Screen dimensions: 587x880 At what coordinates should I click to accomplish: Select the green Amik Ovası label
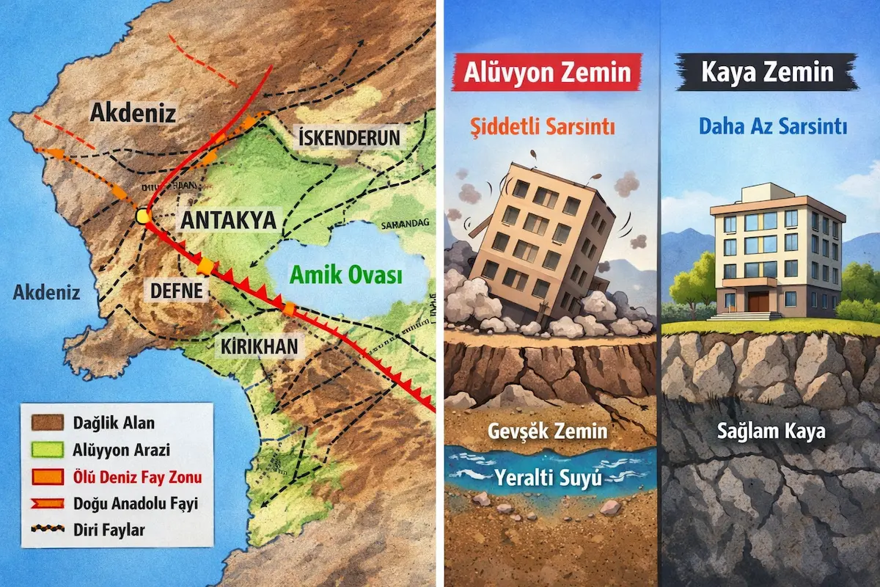[x=346, y=276]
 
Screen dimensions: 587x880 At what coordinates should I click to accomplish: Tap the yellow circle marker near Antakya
[x=143, y=216]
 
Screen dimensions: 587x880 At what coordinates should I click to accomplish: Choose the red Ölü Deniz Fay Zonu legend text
[x=137, y=477]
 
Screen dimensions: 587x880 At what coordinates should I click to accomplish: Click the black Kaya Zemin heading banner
[x=766, y=73]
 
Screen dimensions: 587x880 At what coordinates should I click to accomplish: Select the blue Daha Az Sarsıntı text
[x=772, y=127]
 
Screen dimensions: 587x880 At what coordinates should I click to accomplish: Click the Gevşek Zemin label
[x=548, y=431]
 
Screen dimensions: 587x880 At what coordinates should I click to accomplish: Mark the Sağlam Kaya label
[x=771, y=431]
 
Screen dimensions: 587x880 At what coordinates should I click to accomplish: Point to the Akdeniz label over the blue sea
[x=46, y=293]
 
